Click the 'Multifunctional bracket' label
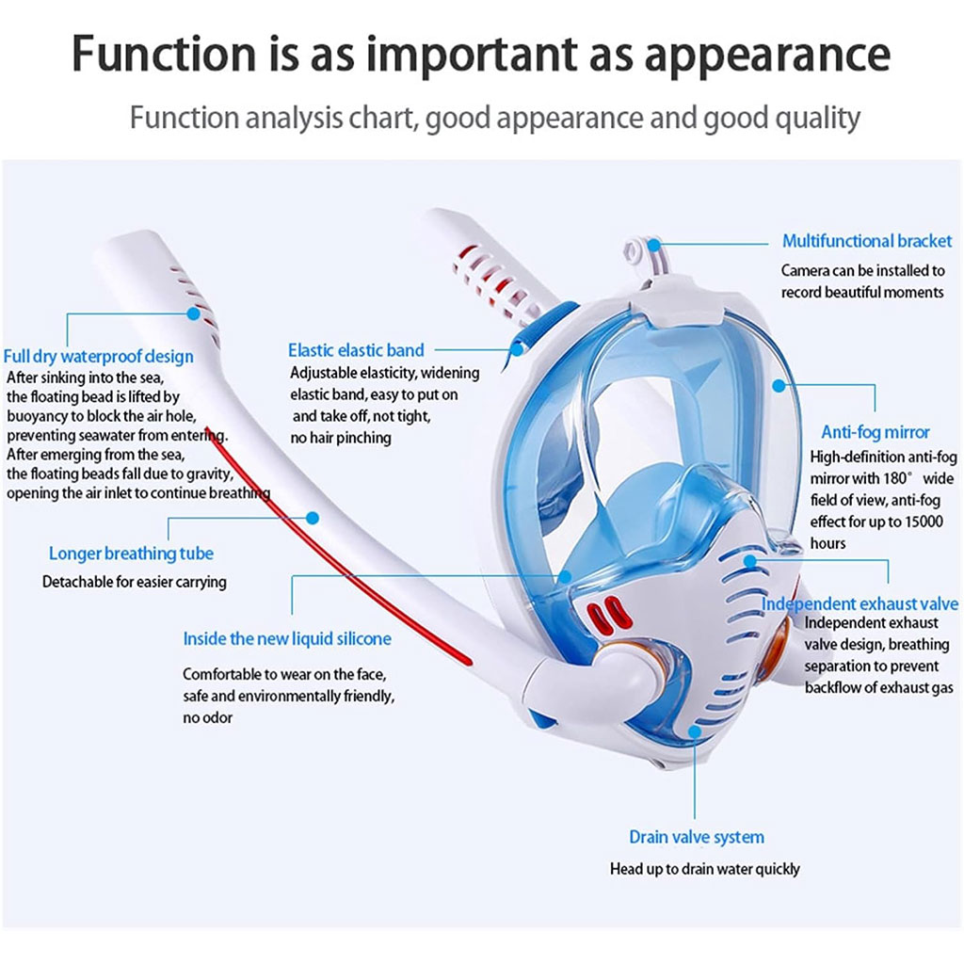[x=867, y=241]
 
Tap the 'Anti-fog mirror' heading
[x=875, y=432]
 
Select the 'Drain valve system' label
[x=696, y=837]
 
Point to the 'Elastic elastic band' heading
[x=356, y=350]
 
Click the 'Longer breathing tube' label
[x=131, y=554]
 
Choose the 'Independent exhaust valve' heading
[x=860, y=603]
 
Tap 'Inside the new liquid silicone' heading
[x=286, y=639]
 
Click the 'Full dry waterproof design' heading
[x=98, y=356]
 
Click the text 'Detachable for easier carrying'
[x=135, y=582]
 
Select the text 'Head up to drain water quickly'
[x=704, y=869]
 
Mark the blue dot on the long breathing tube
[x=313, y=517]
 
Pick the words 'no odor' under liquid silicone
[x=207, y=717]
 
